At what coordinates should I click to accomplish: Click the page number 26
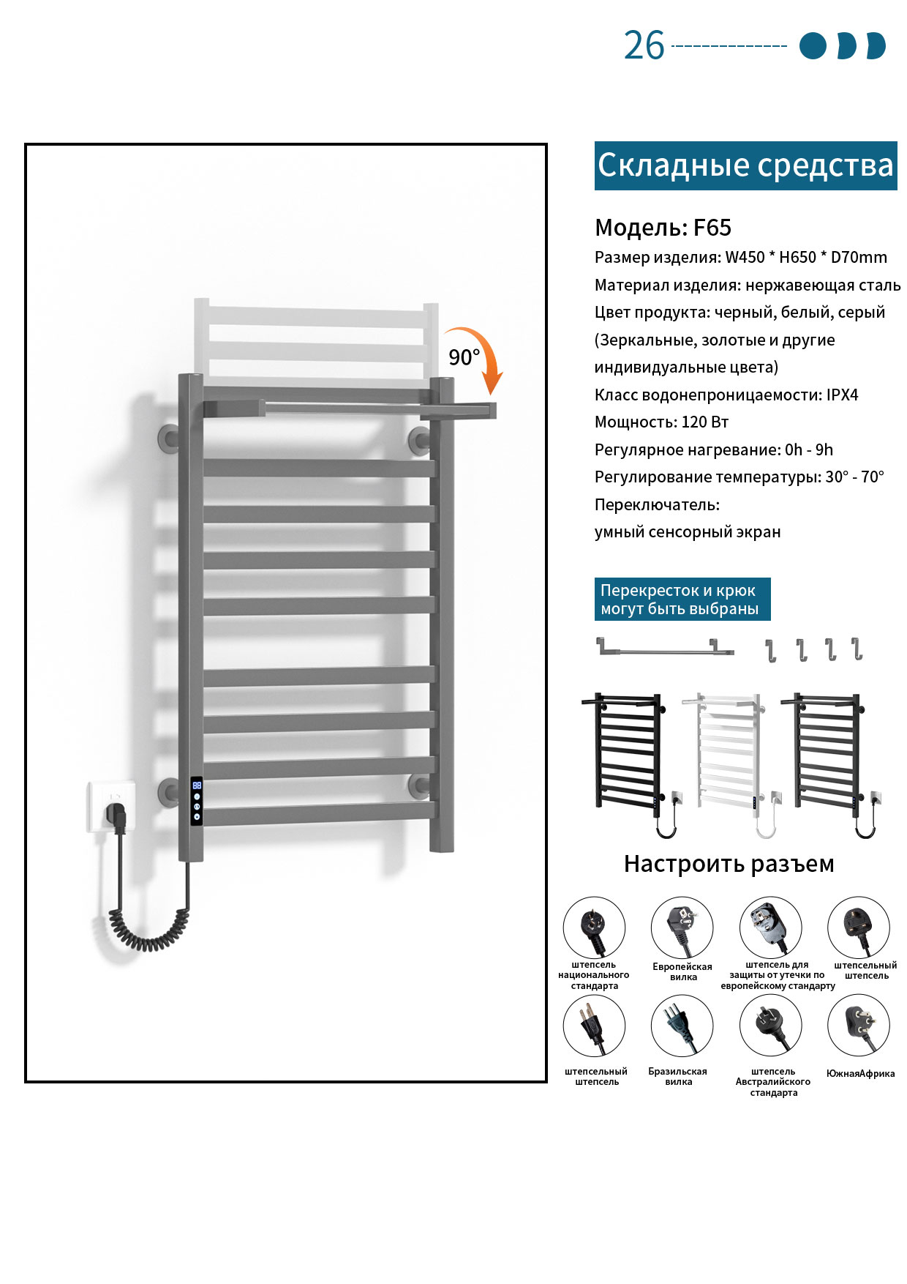pyautogui.click(x=644, y=45)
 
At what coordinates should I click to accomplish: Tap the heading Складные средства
pyautogui.click(x=745, y=165)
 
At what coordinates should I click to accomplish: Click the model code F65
pyautogui.click(x=712, y=228)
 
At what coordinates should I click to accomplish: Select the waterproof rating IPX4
pyautogui.click(x=842, y=395)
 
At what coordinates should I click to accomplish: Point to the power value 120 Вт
pyautogui.click(x=705, y=422)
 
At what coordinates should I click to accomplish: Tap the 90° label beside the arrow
pyautogui.click(x=464, y=357)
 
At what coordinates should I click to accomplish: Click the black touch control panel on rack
pyautogui.click(x=197, y=802)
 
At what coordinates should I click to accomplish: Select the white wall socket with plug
pyautogui.click(x=112, y=806)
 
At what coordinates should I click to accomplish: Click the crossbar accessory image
pyautogui.click(x=665, y=647)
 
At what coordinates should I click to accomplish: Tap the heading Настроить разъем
pyautogui.click(x=729, y=864)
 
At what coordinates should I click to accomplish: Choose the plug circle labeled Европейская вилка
pyautogui.click(x=682, y=927)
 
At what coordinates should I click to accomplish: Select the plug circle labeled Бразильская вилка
pyautogui.click(x=682, y=1026)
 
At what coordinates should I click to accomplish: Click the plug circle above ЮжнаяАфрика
pyautogui.click(x=859, y=1026)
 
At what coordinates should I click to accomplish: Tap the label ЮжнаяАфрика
pyautogui.click(x=860, y=1074)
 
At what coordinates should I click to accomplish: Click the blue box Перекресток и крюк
pyautogui.click(x=682, y=600)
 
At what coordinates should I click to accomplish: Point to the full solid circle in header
pyautogui.click(x=813, y=45)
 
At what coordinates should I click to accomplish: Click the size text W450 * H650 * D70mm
pyautogui.click(x=806, y=258)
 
